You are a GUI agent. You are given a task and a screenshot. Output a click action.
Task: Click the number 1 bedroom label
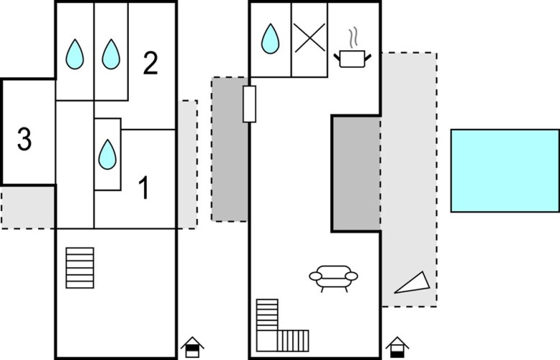click(x=144, y=187)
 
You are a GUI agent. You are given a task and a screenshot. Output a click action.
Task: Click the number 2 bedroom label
click(x=150, y=63)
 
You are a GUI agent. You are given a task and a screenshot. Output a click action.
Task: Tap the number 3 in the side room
click(x=24, y=139)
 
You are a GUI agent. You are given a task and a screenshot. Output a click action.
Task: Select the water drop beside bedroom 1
click(x=107, y=154)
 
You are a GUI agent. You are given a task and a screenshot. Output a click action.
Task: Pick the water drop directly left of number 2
click(x=111, y=54)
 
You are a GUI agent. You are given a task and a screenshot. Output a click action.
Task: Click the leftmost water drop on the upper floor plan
click(x=75, y=54)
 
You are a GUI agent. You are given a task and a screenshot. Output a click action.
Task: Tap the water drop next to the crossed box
click(x=271, y=39)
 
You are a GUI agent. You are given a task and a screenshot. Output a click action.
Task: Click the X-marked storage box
click(x=310, y=39)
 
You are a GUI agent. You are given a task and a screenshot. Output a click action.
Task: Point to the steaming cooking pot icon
click(x=352, y=58)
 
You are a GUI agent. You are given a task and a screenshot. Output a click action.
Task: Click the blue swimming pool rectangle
click(x=505, y=171)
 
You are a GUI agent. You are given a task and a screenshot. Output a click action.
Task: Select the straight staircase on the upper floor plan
click(x=80, y=268)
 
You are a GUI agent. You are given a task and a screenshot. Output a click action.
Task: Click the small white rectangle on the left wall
click(x=249, y=104)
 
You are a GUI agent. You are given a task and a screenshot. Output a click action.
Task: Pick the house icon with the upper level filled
click(x=192, y=347)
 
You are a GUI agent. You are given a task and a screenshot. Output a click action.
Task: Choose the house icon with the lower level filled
click(x=397, y=347)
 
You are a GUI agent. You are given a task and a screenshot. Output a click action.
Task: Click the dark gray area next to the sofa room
click(x=356, y=174)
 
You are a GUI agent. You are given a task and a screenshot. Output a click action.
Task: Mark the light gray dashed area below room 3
click(x=28, y=207)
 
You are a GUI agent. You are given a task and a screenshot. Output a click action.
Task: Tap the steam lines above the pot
click(x=353, y=38)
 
